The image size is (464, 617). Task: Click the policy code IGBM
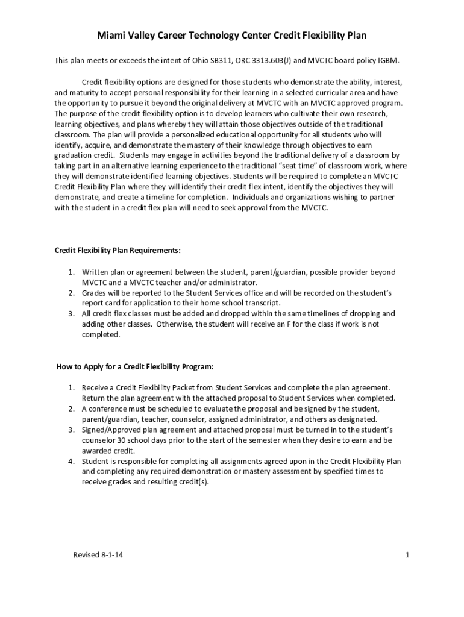click(x=387, y=61)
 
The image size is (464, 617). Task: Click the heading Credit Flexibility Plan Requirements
click(x=118, y=249)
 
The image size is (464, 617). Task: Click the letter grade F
click(x=278, y=324)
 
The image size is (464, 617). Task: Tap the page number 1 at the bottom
click(x=407, y=555)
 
